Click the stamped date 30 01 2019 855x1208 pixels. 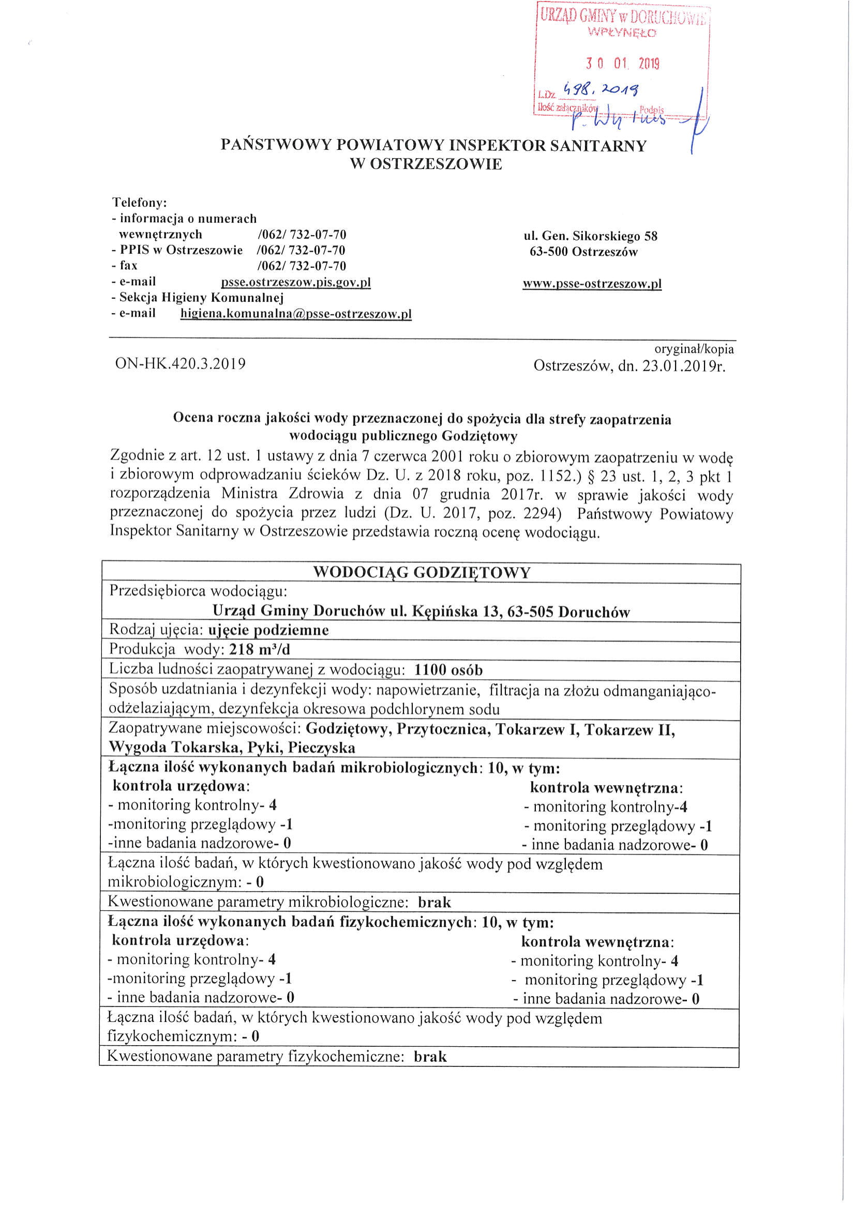(622, 64)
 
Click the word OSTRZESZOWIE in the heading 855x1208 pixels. (426, 164)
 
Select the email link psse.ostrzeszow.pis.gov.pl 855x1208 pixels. (296, 283)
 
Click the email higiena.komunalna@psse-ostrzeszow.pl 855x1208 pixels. (296, 314)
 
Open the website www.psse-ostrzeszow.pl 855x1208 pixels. (592, 284)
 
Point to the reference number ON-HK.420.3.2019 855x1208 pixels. (181, 363)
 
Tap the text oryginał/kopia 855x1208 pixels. (694, 349)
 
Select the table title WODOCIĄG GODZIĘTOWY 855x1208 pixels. (421, 573)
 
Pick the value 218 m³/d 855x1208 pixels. (260, 650)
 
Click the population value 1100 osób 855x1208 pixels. (448, 670)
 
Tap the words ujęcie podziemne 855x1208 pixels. (268, 630)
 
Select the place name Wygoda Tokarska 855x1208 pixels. (174, 747)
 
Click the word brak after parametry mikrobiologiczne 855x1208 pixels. (434, 903)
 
